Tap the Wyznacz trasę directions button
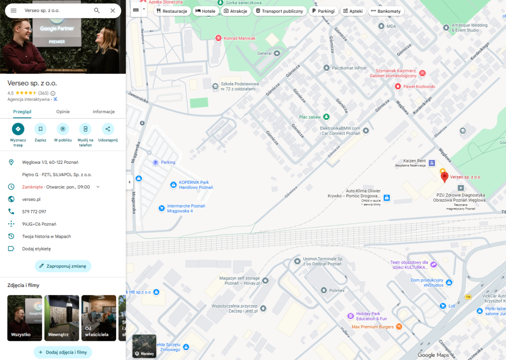click(18, 129)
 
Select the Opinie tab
click(63, 112)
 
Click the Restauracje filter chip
click(172, 11)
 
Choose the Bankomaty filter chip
click(386, 11)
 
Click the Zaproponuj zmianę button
click(63, 266)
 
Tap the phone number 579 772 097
click(34, 212)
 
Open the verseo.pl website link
click(31, 199)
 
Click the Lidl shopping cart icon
click(442, 306)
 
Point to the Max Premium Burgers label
click(372, 327)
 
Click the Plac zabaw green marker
click(326, 117)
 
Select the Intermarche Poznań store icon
click(161, 208)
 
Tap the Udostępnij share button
click(108, 129)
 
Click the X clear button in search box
click(113, 10)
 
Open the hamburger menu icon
click(14, 10)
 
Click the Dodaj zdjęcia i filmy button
click(63, 352)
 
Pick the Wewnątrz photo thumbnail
click(62, 318)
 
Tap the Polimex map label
click(337, 290)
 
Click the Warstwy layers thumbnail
click(144, 346)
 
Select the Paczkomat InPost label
click(349, 68)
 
